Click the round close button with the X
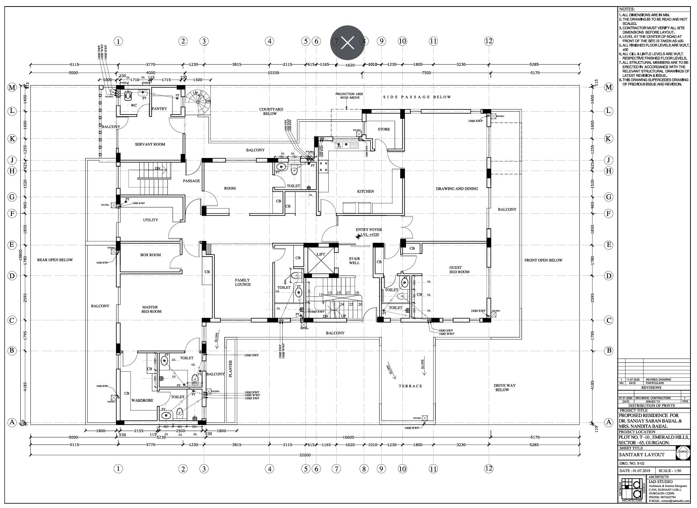tap(347, 43)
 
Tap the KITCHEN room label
tap(365, 191)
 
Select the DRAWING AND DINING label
tap(457, 189)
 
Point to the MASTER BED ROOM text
tap(151, 309)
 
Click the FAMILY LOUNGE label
tap(243, 282)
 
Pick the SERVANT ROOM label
tap(150, 144)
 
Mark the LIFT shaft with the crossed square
tap(321, 259)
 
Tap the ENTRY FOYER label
tap(369, 230)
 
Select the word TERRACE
tap(411, 386)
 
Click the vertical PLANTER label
tap(230, 369)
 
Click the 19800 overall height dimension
tap(20, 256)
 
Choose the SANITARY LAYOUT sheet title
tap(641, 455)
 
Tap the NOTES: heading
tap(627, 9)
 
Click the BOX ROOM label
tap(151, 255)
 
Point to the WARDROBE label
tap(142, 400)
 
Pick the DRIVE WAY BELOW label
tap(504, 388)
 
